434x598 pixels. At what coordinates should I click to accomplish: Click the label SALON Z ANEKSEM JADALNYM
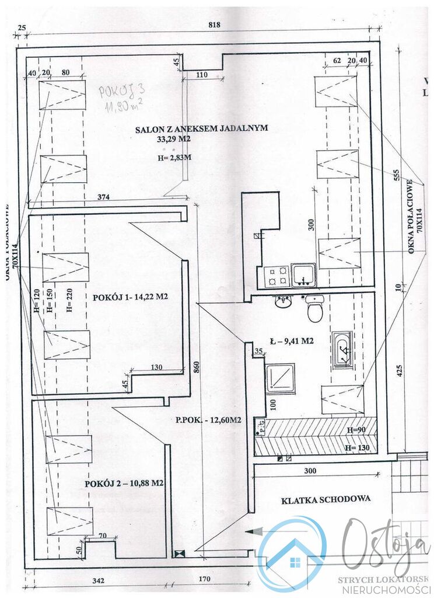click(x=202, y=129)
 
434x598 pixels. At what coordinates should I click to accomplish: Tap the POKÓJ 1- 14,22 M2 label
click(x=130, y=297)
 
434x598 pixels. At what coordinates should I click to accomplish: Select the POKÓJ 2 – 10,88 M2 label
click(x=123, y=483)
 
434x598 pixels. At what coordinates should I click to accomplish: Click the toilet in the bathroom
click(x=315, y=310)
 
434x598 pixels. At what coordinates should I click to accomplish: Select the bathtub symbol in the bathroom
click(x=342, y=349)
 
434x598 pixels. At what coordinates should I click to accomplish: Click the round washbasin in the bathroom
click(x=283, y=302)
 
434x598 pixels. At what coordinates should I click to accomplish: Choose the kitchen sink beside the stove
click(x=303, y=275)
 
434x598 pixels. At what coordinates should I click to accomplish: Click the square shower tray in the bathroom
click(x=279, y=378)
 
